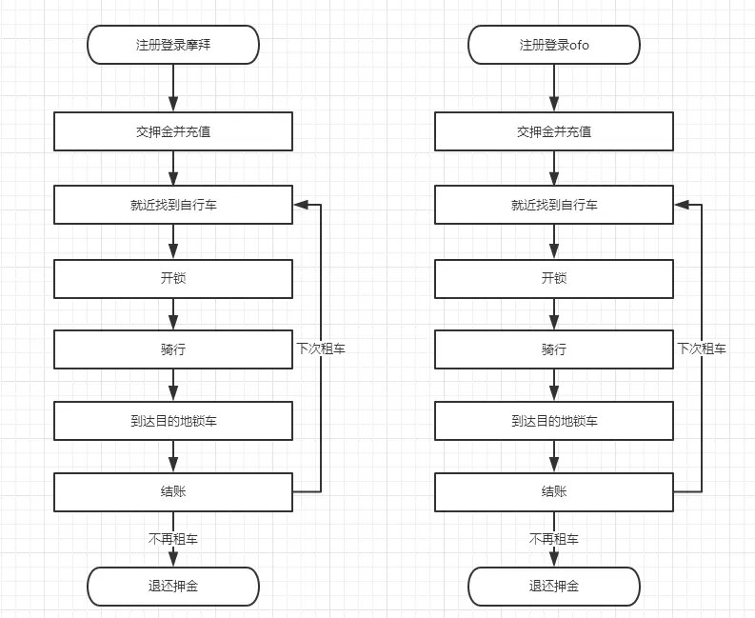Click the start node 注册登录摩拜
click(x=172, y=45)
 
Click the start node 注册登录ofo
click(x=554, y=45)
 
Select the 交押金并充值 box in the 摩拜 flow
click(x=172, y=131)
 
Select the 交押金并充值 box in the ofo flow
click(x=554, y=131)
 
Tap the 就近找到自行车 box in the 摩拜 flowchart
click(x=172, y=205)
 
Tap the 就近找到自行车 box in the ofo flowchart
click(x=554, y=205)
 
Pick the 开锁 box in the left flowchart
click(x=172, y=278)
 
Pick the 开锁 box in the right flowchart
click(x=554, y=278)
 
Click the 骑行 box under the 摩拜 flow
click(x=172, y=349)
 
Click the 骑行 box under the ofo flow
click(x=554, y=349)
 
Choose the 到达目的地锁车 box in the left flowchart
click(x=172, y=421)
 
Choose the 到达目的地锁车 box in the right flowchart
click(x=554, y=421)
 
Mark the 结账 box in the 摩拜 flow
click(x=172, y=491)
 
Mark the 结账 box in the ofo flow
click(x=554, y=491)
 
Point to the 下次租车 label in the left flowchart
click(x=321, y=349)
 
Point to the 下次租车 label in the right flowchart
click(x=702, y=349)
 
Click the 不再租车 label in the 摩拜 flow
click(x=172, y=539)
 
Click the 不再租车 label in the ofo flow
click(x=554, y=539)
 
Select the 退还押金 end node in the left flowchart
click(x=172, y=586)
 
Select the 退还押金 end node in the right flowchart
click(x=554, y=586)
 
